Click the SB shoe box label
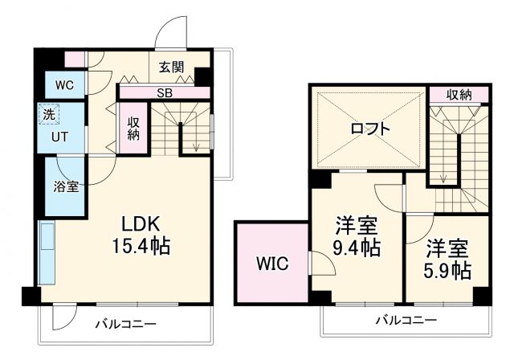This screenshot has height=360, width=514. point(164,93)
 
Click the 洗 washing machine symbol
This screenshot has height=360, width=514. point(48,115)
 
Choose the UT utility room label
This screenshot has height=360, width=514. point(59,137)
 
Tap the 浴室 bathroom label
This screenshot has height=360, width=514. point(66,187)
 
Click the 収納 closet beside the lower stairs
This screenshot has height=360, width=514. point(133,129)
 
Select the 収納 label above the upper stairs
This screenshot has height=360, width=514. point(459,95)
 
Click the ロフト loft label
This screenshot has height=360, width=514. point(370,128)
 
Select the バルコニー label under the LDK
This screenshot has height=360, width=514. point(126,325)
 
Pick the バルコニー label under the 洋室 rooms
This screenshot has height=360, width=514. point(407,321)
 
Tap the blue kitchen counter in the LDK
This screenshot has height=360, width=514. point(47,254)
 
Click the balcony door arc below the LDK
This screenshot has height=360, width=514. point(64,318)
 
